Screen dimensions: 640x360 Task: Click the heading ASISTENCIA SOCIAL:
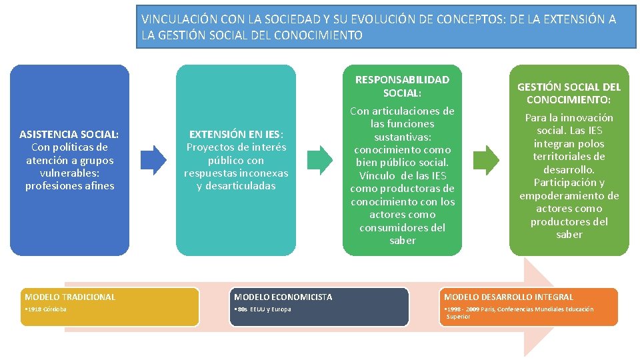click(x=69, y=134)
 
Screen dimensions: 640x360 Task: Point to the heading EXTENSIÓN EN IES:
click(x=236, y=134)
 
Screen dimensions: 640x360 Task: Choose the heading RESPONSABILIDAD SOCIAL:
click(x=402, y=86)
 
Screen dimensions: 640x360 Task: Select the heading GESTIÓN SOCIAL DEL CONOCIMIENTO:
click(x=569, y=93)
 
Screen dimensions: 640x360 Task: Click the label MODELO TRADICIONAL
click(x=70, y=297)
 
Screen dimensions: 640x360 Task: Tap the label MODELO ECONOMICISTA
click(x=283, y=297)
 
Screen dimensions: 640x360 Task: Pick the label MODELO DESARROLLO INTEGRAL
click(x=509, y=297)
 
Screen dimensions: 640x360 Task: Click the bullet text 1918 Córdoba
click(x=46, y=309)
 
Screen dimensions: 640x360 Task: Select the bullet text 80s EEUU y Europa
click(x=263, y=309)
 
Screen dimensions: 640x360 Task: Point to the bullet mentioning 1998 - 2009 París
click(x=519, y=313)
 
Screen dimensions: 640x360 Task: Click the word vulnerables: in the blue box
click(x=69, y=173)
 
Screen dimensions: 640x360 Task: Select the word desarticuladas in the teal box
click(x=236, y=186)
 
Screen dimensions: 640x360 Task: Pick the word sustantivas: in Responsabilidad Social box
click(x=402, y=137)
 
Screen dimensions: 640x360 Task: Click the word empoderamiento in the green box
click(x=569, y=195)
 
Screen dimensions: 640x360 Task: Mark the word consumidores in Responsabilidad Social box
click(x=402, y=227)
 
